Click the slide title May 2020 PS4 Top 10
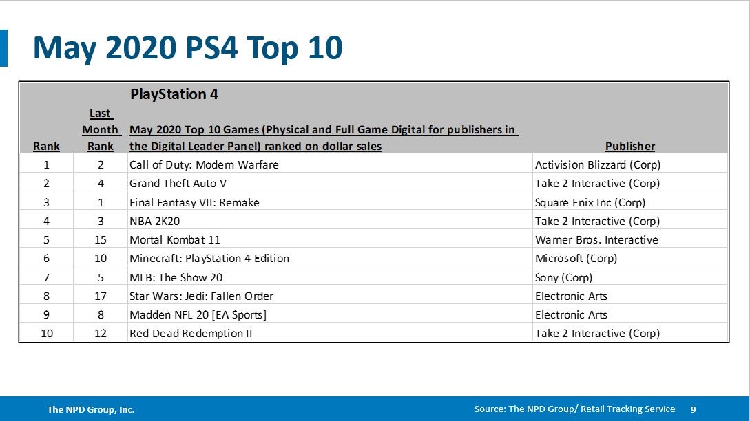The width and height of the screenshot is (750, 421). tap(187, 48)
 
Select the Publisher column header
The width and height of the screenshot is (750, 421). tap(629, 146)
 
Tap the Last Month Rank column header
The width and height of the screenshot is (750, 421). tap(101, 130)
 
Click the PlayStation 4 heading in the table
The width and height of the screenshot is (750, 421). tap(174, 94)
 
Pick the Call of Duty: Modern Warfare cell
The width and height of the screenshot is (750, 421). tap(204, 165)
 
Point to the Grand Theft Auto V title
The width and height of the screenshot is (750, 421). tap(178, 184)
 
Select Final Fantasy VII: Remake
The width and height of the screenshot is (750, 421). tap(194, 202)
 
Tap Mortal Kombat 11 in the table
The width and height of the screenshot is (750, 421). tap(175, 240)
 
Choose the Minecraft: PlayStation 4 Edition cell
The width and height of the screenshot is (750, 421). tap(209, 259)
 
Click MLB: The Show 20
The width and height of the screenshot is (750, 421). tap(176, 277)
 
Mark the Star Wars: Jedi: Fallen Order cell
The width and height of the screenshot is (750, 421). tap(201, 296)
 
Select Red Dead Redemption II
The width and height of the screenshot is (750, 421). tap(191, 334)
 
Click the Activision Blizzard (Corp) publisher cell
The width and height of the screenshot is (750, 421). tap(598, 165)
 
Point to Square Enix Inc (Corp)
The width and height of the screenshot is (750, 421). tap(590, 202)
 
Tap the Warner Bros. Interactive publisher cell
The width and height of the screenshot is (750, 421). tap(596, 240)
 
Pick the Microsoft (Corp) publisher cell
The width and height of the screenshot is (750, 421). tap(576, 259)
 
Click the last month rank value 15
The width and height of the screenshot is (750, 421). tap(101, 240)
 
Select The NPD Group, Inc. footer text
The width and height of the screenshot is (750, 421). tap(91, 409)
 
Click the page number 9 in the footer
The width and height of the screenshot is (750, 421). tap(693, 409)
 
